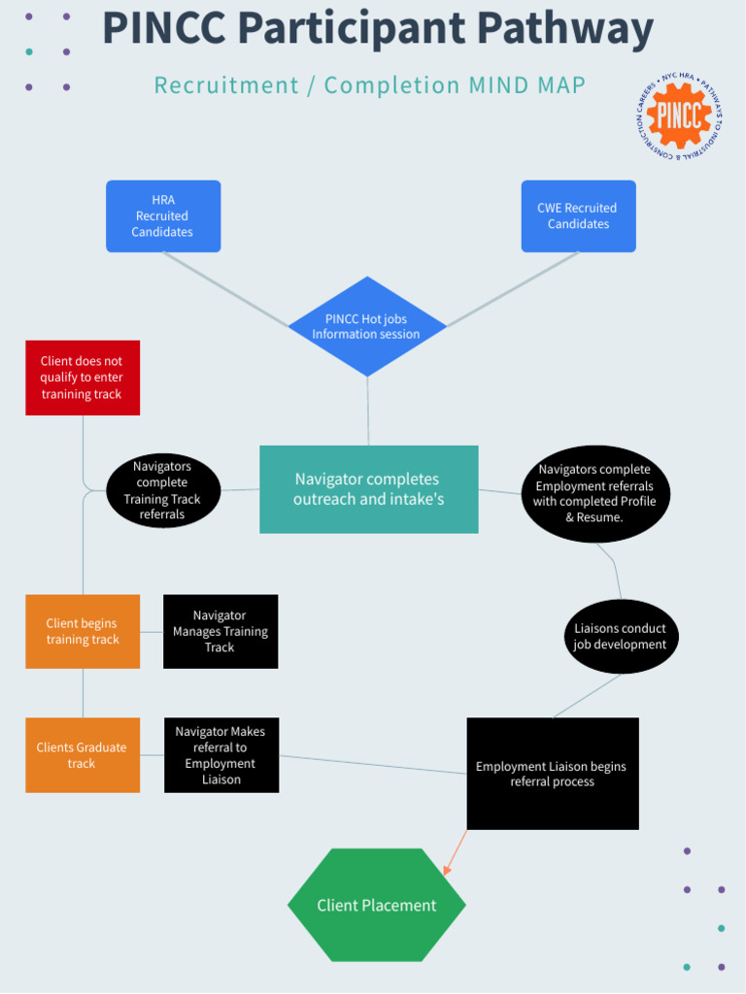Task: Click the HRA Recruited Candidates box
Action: tap(163, 215)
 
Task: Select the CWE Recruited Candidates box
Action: tap(578, 215)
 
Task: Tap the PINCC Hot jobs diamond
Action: tap(367, 326)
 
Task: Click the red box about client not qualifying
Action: tap(83, 378)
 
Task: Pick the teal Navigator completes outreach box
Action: tap(368, 489)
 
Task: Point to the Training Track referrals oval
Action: tap(163, 490)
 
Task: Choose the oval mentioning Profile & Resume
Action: tap(594, 493)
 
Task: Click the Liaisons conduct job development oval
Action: tap(621, 636)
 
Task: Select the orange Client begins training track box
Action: tap(83, 631)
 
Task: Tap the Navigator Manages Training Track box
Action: tap(220, 631)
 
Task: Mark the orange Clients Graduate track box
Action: tap(83, 755)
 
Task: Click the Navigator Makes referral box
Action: tap(220, 755)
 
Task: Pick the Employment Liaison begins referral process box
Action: tap(553, 774)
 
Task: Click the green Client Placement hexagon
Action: tap(377, 905)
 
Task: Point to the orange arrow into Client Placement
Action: tap(455, 853)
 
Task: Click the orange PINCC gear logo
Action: tap(679, 116)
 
